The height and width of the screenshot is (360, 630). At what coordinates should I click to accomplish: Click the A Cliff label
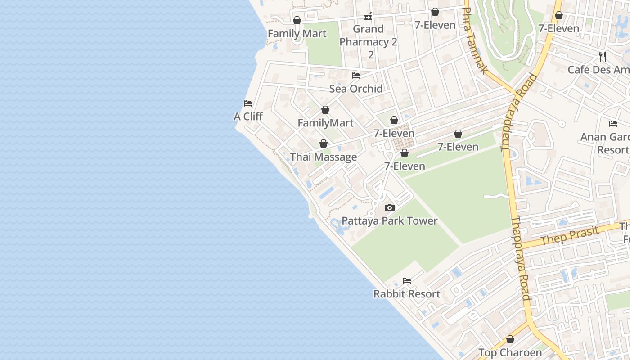(x=248, y=117)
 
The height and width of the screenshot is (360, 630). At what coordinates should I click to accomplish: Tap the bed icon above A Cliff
(x=247, y=103)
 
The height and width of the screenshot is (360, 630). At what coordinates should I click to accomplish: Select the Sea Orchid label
(x=356, y=89)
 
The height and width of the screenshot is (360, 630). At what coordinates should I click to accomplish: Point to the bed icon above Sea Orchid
(x=356, y=75)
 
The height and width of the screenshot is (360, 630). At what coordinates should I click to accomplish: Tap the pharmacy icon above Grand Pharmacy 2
(x=368, y=17)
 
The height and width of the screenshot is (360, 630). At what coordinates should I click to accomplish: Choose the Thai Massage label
(x=324, y=157)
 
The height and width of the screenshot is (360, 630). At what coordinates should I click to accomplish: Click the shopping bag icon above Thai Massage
(x=323, y=144)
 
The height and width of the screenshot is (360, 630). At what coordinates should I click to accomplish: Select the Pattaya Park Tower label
(x=390, y=221)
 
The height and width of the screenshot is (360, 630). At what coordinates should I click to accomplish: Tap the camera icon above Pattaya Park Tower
(x=390, y=208)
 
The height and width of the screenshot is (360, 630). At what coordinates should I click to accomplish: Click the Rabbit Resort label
(x=407, y=294)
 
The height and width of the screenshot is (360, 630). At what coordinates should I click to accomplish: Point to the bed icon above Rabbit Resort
(x=407, y=281)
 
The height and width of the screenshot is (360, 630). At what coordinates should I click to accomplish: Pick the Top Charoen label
(x=510, y=352)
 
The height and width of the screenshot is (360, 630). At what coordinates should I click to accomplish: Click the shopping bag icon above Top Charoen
(x=510, y=339)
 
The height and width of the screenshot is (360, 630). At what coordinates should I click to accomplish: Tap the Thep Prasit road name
(x=570, y=235)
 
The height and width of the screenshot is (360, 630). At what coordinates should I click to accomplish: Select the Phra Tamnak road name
(x=475, y=40)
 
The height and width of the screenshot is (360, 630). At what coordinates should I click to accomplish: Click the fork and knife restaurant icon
(x=603, y=57)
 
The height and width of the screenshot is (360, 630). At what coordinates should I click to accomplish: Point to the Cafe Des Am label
(x=598, y=70)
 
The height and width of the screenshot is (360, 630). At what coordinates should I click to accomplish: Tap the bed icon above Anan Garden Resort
(x=613, y=124)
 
